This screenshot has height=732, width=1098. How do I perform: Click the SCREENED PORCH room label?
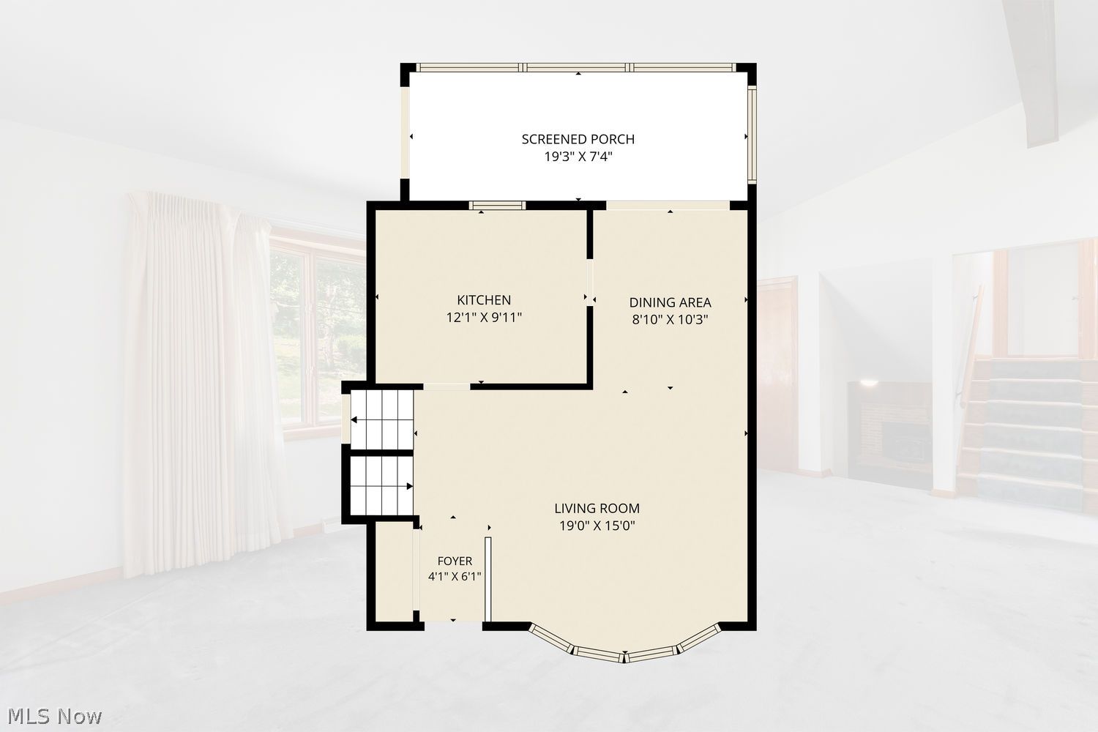point(578,139)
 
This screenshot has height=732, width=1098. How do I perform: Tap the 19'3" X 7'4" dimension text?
point(578,157)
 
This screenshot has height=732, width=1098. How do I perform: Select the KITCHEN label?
point(484,300)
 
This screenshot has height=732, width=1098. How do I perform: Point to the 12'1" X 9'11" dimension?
point(484,318)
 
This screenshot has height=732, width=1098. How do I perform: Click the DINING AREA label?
point(670,302)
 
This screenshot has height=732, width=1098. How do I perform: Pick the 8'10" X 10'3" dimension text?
point(670,320)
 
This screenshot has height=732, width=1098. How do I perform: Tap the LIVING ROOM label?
point(597,509)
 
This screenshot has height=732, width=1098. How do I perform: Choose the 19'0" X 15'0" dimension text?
point(597,526)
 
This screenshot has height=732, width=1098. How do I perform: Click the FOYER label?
point(455,561)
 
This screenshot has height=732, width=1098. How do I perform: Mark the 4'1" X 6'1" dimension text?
point(455,577)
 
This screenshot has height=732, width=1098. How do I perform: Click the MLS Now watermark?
point(54,717)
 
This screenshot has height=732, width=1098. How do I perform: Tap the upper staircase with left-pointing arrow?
point(382,419)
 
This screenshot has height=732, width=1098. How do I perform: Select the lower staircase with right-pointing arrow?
point(382,486)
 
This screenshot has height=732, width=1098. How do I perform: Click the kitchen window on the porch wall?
point(497,206)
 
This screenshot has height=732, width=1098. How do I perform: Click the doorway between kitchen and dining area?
point(590,282)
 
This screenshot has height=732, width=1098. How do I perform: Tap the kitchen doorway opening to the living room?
point(447,386)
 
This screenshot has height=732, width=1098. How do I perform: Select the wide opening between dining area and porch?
point(668,206)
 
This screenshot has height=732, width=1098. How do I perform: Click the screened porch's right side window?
point(752,135)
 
